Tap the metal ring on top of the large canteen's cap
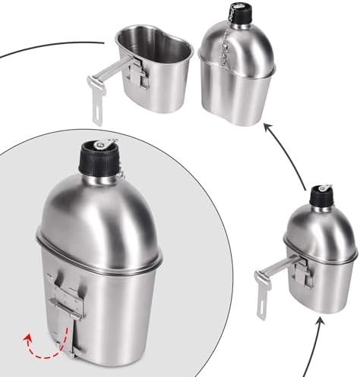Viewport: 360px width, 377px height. tap(100, 141)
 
